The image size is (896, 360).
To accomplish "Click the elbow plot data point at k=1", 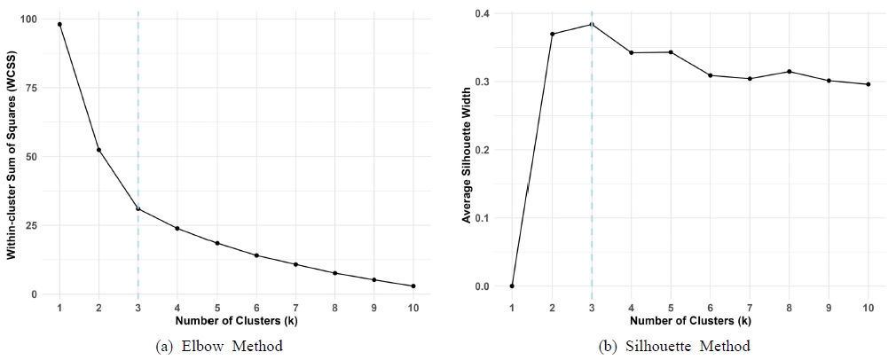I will [x=59, y=24].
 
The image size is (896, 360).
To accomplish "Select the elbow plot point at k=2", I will [x=98, y=150].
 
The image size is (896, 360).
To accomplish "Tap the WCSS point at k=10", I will [x=413, y=286].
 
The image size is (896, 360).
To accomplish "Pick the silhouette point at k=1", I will [x=512, y=286].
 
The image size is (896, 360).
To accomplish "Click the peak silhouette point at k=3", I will [x=592, y=24].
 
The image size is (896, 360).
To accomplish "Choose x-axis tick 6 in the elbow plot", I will [x=256, y=307].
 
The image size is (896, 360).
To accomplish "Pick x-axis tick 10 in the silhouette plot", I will [x=868, y=307].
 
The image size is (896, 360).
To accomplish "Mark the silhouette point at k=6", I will [x=711, y=75].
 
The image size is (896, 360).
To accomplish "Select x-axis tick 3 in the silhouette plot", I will [x=592, y=307].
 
